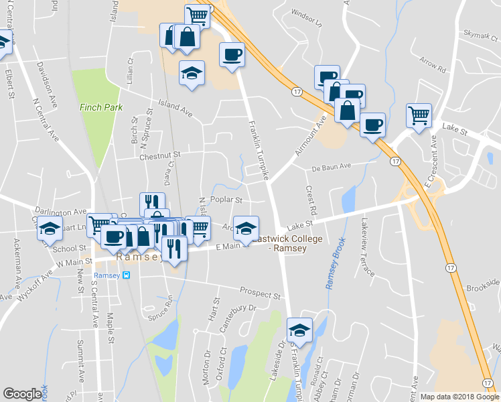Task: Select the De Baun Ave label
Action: (x=332, y=167)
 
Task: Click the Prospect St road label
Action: (x=261, y=293)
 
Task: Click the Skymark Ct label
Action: (x=482, y=34)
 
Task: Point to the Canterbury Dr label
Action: (x=243, y=317)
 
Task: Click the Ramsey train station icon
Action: (x=126, y=275)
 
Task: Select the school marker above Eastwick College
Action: (x=246, y=228)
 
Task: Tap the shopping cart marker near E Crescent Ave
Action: (x=419, y=115)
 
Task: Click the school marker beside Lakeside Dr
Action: (x=299, y=330)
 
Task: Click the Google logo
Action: (x=21, y=395)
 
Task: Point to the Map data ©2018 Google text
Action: (x=459, y=397)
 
